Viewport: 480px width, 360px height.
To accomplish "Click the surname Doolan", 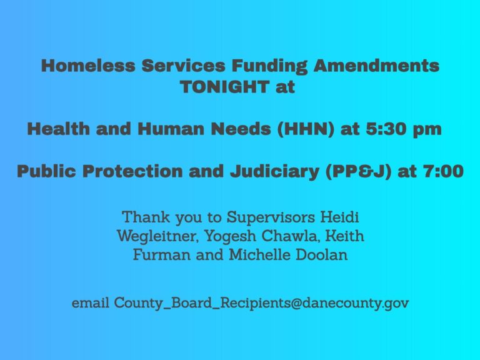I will point(317,256).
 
